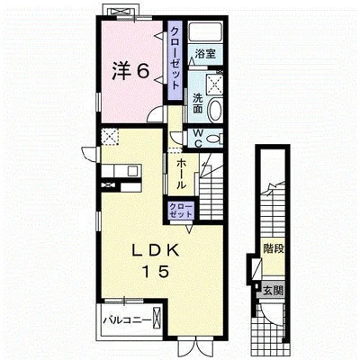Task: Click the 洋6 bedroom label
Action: point(130,72)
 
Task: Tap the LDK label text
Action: point(156,250)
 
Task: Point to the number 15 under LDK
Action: point(156,272)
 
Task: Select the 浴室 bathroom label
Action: point(205,54)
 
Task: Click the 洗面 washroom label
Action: point(197,103)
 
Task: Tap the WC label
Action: point(198,139)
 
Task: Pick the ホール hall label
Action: point(180,174)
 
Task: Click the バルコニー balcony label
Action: point(127,320)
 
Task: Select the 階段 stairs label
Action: point(274,248)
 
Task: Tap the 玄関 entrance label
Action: point(273,290)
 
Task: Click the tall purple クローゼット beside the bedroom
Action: point(175,60)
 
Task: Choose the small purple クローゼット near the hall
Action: point(180,211)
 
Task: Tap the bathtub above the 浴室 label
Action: point(206,31)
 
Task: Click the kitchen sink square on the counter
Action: point(132,171)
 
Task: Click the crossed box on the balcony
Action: point(157,318)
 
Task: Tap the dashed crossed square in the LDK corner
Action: point(110,137)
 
